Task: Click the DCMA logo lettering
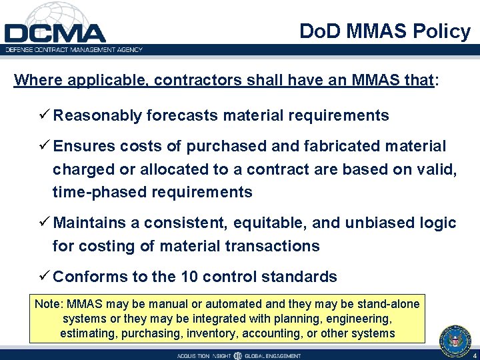[55, 33]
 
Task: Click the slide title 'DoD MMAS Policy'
[385, 31]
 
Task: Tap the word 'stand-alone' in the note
[390, 304]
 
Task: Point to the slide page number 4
[474, 355]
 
